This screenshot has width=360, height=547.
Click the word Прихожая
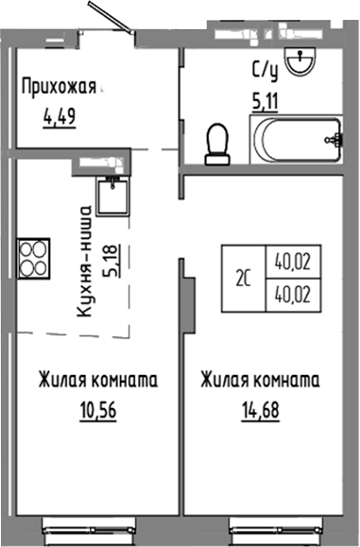pyautogui.click(x=60, y=90)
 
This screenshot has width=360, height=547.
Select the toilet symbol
pyautogui.click(x=219, y=143)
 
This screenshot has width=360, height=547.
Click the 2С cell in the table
pyautogui.click(x=243, y=278)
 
